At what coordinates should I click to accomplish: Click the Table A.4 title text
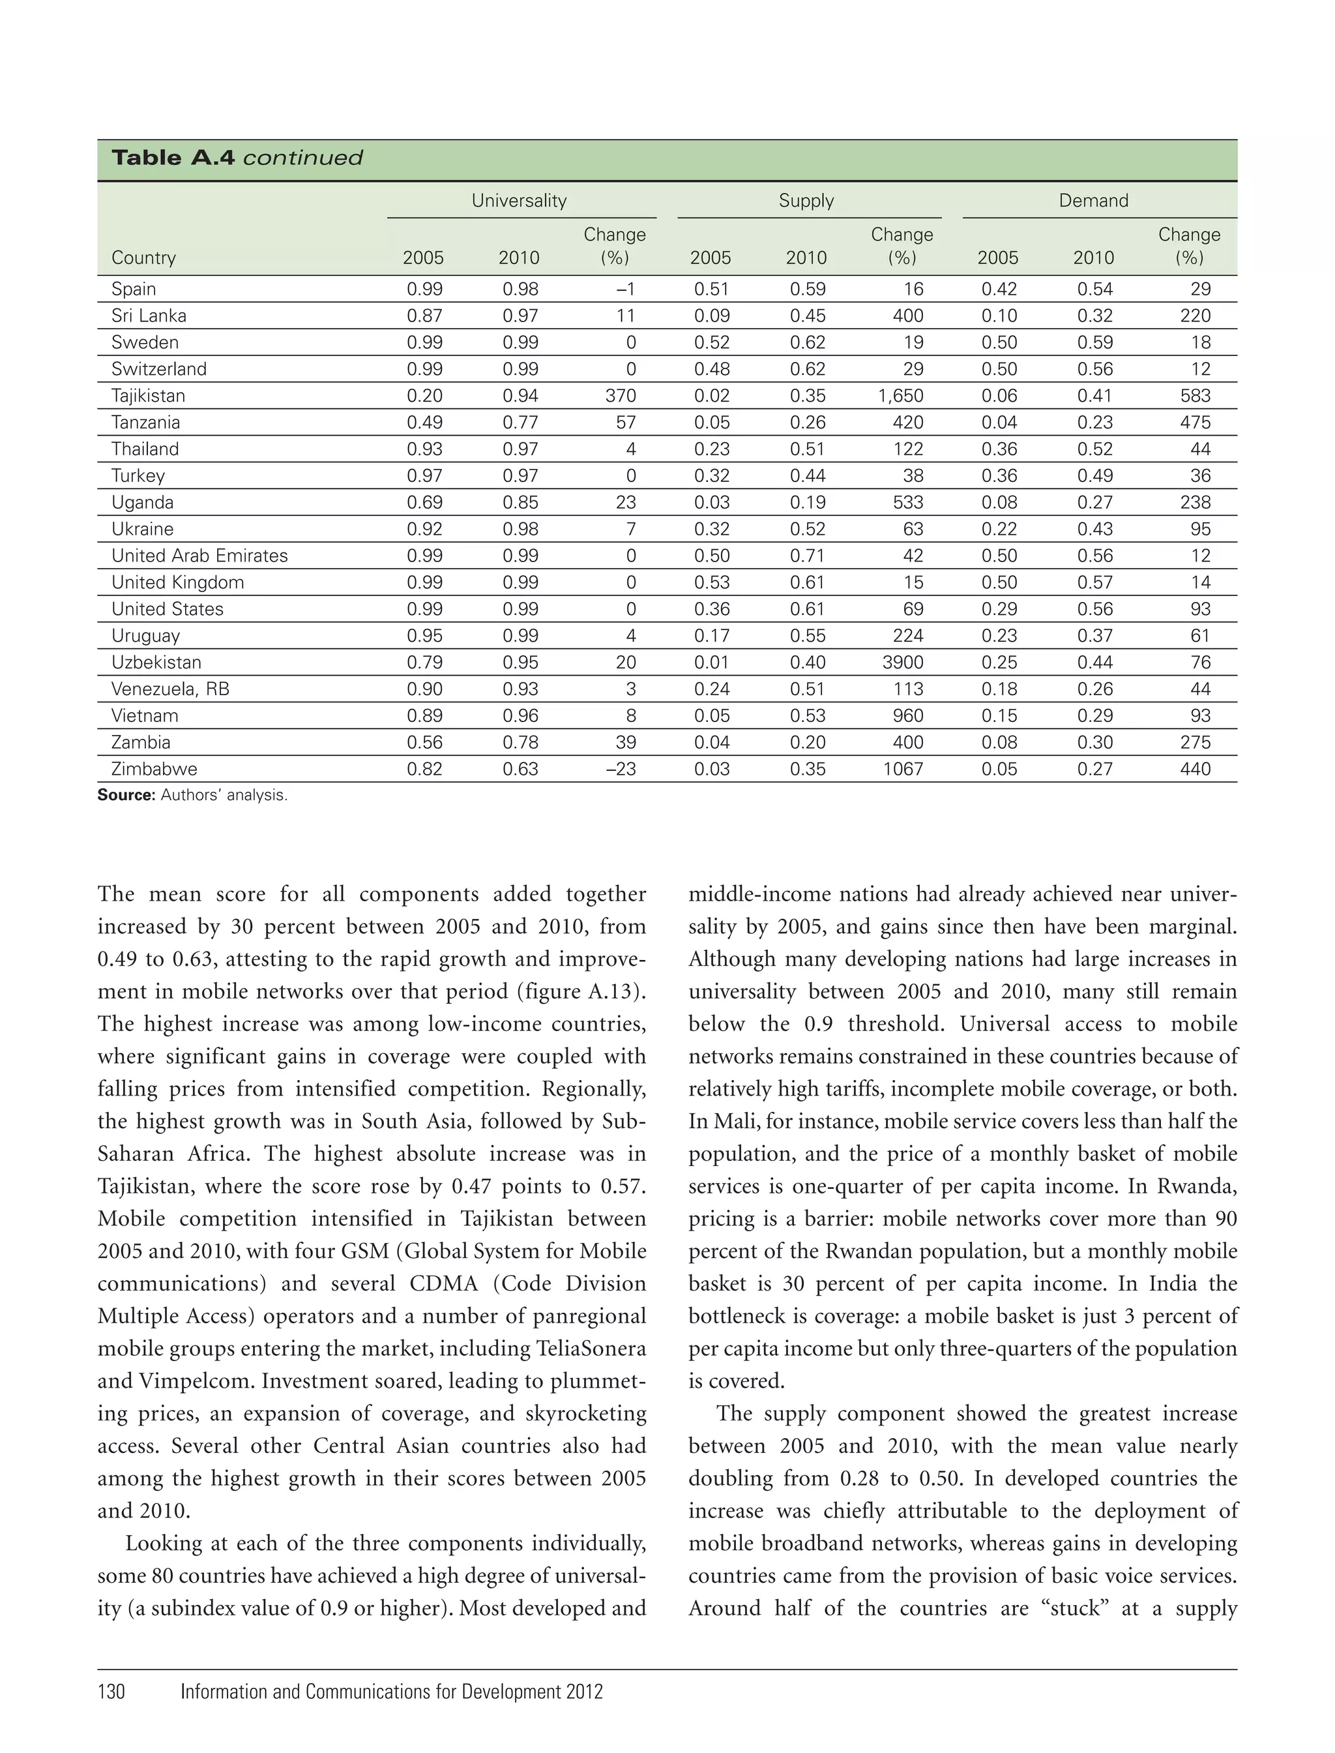(237, 157)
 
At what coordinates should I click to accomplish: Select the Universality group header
(519, 200)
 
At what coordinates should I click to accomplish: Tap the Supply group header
(806, 200)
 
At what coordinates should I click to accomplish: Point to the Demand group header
(1093, 200)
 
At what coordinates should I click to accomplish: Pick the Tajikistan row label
(148, 396)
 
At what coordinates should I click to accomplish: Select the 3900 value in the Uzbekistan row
(903, 662)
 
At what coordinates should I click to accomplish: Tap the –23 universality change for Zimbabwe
(621, 769)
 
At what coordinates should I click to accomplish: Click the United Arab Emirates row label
(199, 556)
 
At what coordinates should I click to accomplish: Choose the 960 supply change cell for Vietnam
(907, 715)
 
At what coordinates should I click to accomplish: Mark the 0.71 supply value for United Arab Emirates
(808, 556)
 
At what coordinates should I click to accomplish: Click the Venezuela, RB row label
(170, 689)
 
